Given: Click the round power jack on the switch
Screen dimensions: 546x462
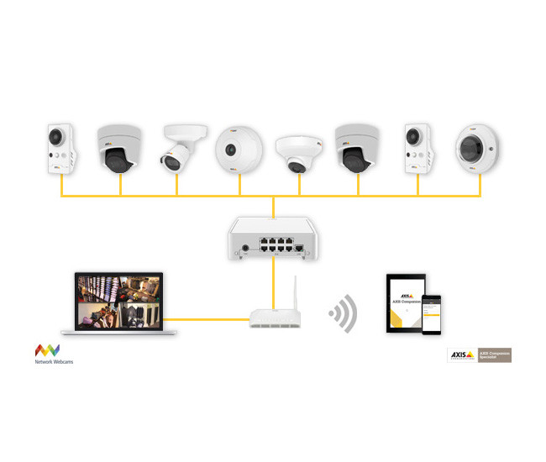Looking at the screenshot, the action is tap(245, 247).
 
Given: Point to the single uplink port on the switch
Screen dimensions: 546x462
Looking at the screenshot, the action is tap(300, 247).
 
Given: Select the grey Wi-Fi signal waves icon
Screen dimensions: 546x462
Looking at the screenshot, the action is tap(343, 314).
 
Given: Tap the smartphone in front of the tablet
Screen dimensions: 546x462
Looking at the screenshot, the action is tap(432, 315).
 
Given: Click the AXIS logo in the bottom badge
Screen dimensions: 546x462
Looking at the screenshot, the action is tap(461, 355).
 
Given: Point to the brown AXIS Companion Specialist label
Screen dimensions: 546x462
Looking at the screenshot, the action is tap(495, 355).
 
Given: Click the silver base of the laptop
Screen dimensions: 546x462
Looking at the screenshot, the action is tap(125, 333).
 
